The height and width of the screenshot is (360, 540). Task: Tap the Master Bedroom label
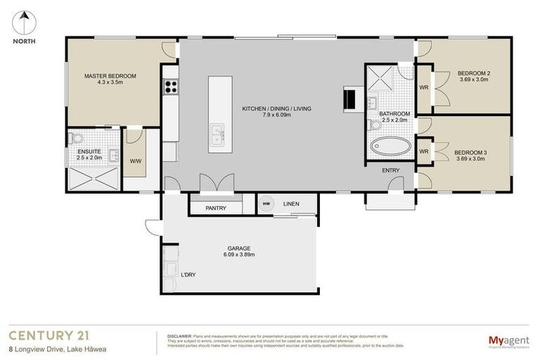[x=110, y=76]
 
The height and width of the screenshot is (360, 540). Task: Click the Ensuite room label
[x=89, y=151]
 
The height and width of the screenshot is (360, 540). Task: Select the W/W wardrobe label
[x=136, y=161]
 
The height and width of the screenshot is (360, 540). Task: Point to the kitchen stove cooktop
[x=170, y=87]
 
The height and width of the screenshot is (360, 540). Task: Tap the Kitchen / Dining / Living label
[x=276, y=109]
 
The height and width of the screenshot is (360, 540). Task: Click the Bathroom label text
[x=394, y=113]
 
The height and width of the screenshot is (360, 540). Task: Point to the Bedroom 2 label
[x=473, y=73]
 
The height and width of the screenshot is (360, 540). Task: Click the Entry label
[x=391, y=170]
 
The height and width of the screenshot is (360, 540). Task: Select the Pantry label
[x=215, y=208]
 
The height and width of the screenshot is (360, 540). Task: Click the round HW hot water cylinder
[x=266, y=204]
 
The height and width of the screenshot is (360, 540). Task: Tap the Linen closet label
[x=291, y=204]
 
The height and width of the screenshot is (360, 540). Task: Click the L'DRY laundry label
[x=188, y=274]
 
